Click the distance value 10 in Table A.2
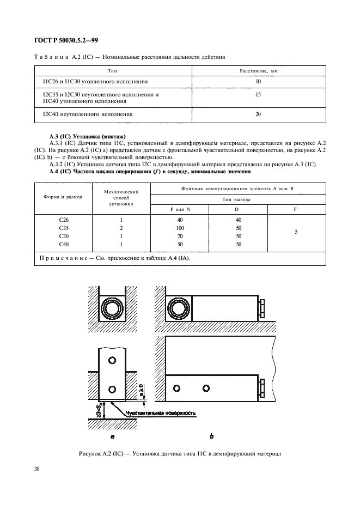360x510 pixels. (258, 82)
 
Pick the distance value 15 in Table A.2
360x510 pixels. (258, 94)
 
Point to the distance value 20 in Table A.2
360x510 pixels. (258, 114)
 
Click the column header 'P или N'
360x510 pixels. (180, 209)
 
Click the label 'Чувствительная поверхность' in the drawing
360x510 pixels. (160, 413)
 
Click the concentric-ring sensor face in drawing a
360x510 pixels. (113, 310)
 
